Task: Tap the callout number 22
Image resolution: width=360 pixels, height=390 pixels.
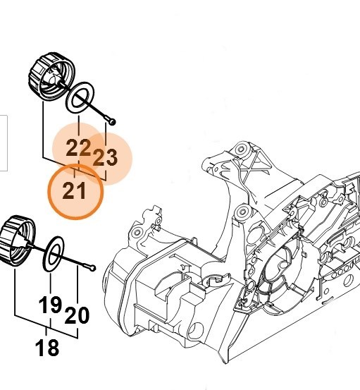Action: tap(79, 148)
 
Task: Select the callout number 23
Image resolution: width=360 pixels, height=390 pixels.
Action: tap(106, 157)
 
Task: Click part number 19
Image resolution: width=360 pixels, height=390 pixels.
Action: tap(50, 306)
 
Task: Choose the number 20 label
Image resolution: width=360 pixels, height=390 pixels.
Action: tap(77, 315)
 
